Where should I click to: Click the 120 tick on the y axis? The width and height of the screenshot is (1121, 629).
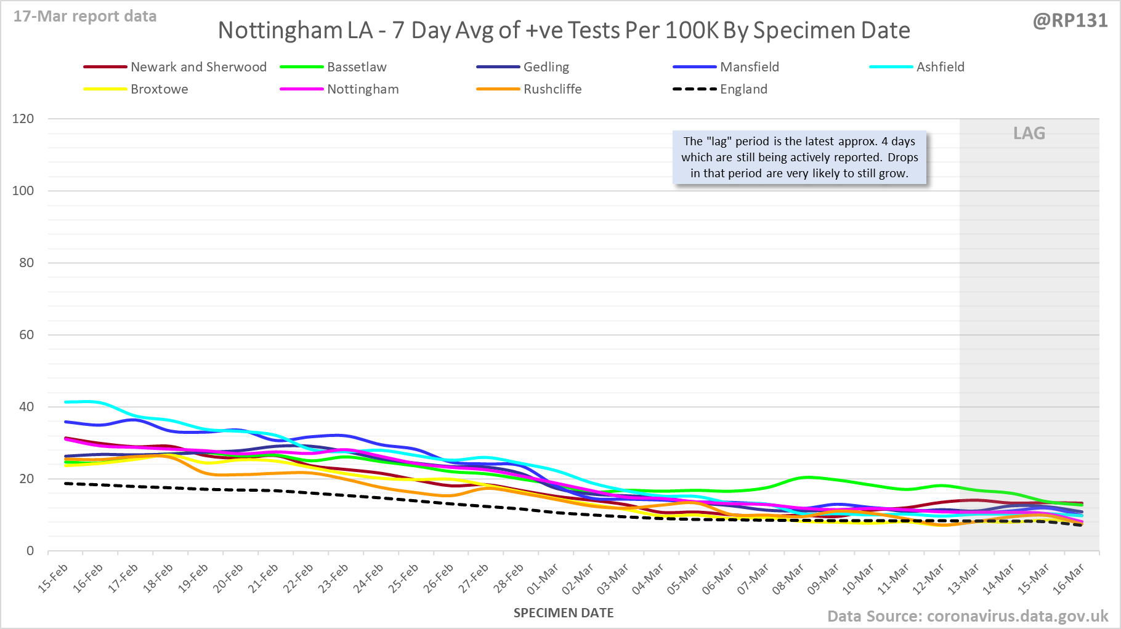pos(23,119)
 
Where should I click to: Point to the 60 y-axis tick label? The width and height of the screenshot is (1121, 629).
pos(26,335)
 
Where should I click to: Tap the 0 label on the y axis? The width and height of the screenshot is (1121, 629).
pos(30,551)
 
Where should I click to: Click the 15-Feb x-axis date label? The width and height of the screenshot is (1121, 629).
pos(53,579)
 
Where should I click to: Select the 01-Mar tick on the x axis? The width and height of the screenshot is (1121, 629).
pos(543,579)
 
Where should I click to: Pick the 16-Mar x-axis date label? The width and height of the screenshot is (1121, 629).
pos(1069,579)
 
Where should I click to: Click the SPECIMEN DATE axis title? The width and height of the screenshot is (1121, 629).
pos(564,613)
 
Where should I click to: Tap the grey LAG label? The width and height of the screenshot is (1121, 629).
pos(1029,134)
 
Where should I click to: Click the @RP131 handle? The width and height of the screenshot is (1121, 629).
pos(1070,21)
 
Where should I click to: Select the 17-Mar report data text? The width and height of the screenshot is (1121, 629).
pos(85,17)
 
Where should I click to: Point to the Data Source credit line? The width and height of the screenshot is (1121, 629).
pos(968,616)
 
